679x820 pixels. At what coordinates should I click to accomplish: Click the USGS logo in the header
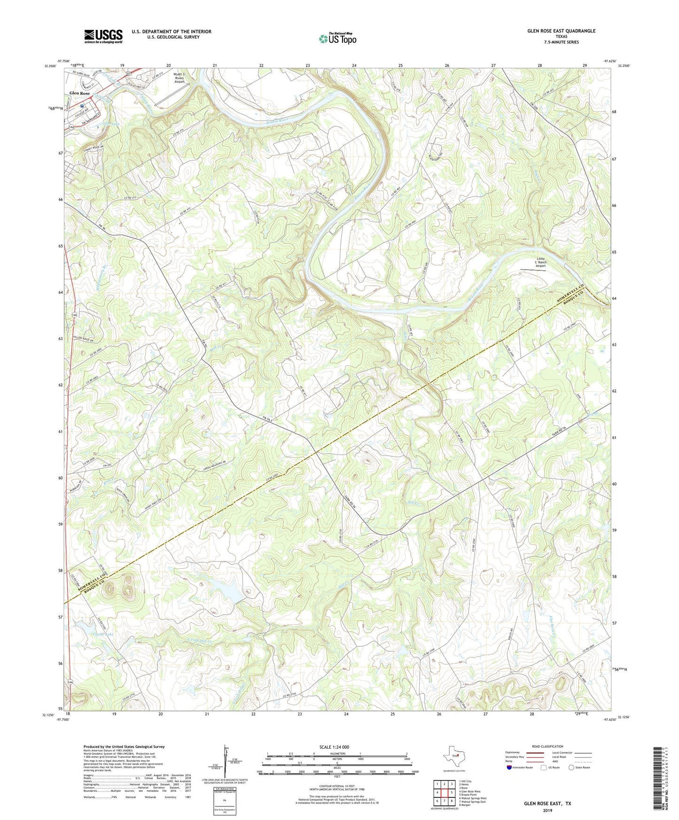coord(103,36)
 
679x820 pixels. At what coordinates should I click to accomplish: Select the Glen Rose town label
coord(79,93)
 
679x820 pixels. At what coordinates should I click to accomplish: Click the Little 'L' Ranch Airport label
coord(541,262)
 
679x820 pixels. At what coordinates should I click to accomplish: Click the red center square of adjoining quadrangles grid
coord(444,792)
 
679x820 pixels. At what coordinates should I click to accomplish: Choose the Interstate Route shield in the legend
coord(510,767)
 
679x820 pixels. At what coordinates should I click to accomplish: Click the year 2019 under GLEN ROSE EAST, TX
coord(547,810)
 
